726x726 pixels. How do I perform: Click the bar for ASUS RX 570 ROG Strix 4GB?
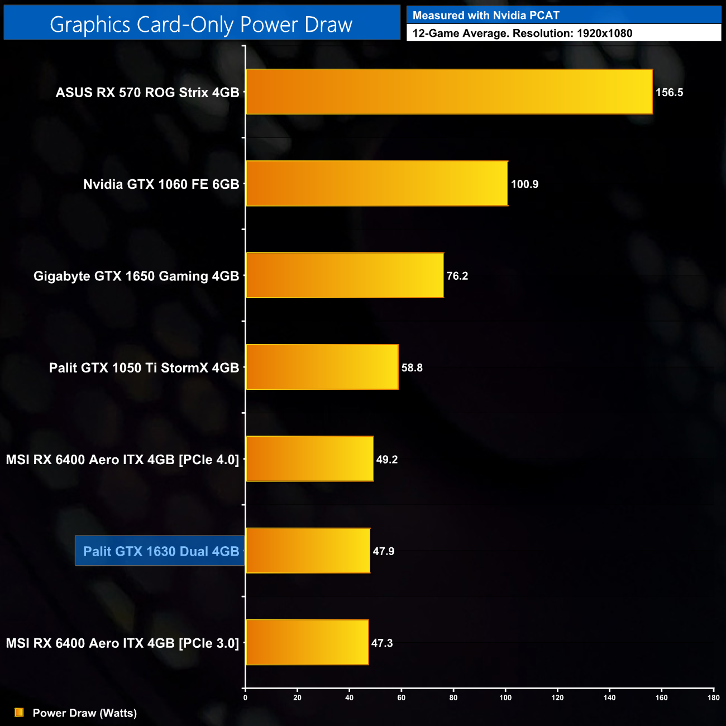click(449, 92)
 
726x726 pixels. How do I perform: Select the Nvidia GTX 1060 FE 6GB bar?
click(377, 184)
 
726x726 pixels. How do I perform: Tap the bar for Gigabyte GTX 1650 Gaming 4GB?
click(345, 275)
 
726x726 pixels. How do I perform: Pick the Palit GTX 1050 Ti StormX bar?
click(322, 367)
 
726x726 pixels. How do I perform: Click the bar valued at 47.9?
click(308, 551)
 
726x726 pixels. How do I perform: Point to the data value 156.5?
click(669, 93)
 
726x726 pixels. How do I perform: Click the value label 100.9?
click(524, 184)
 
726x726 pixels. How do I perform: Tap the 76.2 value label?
click(457, 276)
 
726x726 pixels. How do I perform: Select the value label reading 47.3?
click(382, 643)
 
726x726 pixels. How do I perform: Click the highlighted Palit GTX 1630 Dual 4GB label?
click(161, 551)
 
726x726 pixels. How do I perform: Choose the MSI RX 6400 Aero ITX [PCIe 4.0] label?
click(122, 460)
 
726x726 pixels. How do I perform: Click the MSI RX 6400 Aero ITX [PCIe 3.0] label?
click(122, 643)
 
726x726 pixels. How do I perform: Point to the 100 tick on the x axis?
click(505, 698)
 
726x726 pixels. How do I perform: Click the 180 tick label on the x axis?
click(713, 698)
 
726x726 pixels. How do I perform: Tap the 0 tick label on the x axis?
click(245, 698)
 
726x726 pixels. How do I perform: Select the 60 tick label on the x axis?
click(401, 698)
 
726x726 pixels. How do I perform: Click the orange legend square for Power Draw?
click(19, 713)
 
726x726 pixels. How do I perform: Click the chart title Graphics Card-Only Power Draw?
click(201, 25)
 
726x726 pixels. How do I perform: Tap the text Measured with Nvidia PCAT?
click(486, 16)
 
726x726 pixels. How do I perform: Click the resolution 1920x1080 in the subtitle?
click(604, 34)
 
